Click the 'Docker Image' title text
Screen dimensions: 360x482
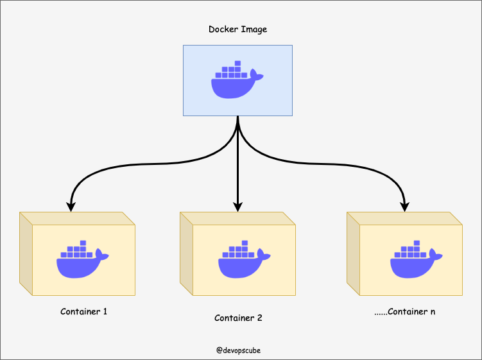coord(237,30)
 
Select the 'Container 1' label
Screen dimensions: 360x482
coord(83,312)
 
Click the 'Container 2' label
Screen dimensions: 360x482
coord(238,318)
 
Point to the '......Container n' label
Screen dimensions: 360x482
coord(404,312)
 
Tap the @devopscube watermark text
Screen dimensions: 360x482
coord(238,350)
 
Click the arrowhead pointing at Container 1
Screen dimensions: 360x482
coord(71,207)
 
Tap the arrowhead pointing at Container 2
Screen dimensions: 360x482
coord(238,207)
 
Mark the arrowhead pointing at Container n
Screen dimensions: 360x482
coord(405,207)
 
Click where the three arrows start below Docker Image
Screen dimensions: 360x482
coord(238,118)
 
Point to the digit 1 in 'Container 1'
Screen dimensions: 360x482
coord(105,312)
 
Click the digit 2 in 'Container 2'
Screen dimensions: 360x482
coord(259,318)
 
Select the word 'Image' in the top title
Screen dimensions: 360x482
coord(255,30)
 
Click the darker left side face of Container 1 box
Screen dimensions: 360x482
coord(26,253)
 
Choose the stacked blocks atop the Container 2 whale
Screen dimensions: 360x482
coord(240,249)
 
